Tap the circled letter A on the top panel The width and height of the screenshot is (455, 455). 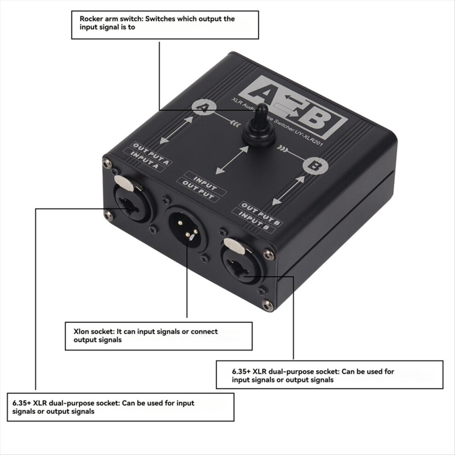(x=204, y=108)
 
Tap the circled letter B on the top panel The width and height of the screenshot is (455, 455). (x=315, y=166)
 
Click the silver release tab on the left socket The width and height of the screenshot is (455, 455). (x=125, y=183)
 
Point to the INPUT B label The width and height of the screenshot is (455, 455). (x=253, y=221)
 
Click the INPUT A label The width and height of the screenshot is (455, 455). (x=144, y=160)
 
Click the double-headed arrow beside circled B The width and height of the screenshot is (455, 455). (x=289, y=191)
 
